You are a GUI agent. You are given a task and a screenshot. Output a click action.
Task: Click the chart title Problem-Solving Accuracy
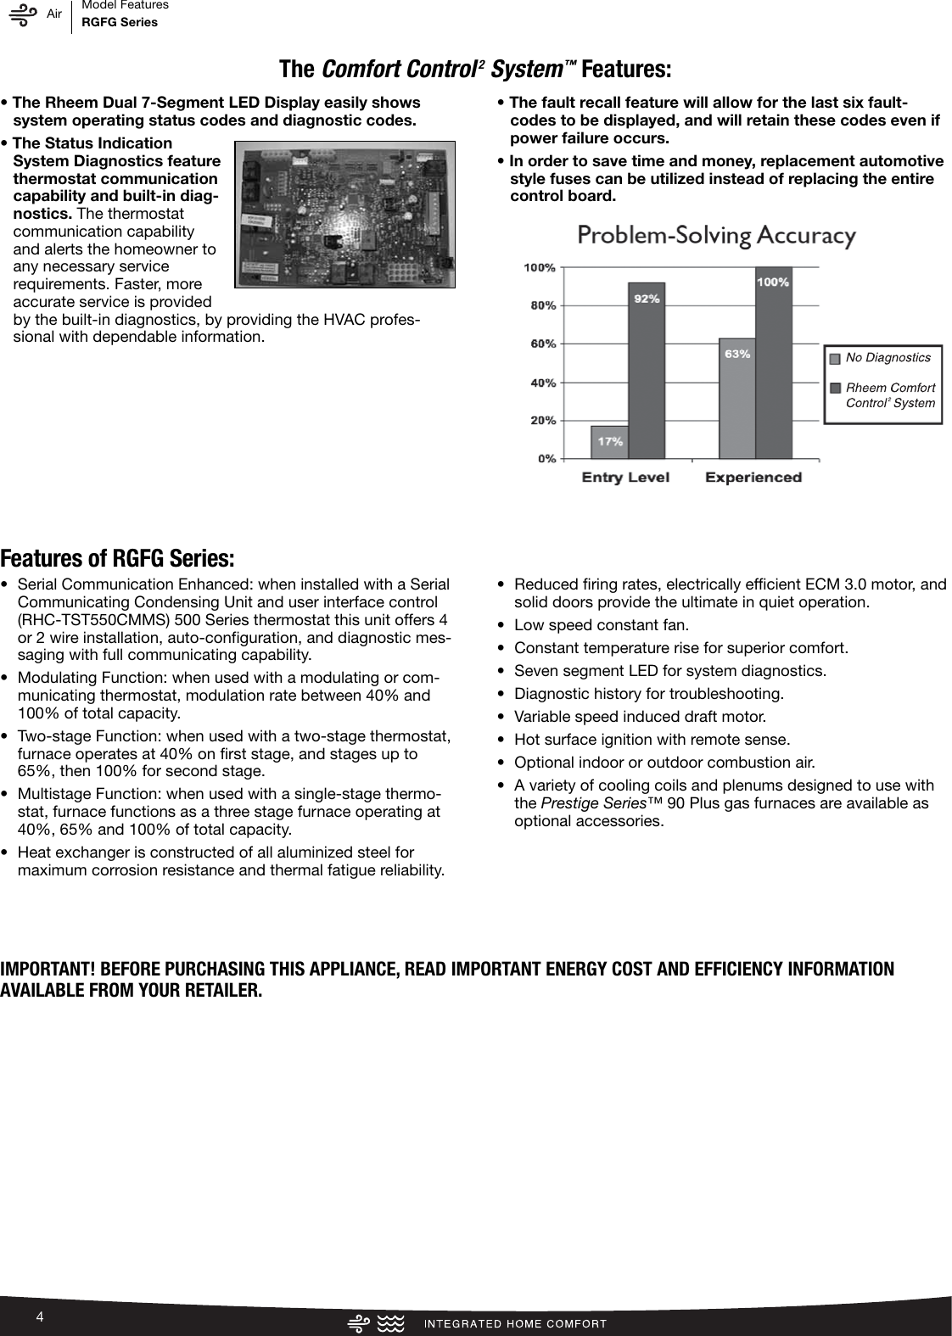(x=716, y=235)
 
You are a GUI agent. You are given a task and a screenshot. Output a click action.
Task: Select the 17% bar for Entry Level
(x=609, y=442)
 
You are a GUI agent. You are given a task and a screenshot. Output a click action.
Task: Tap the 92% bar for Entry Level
(x=646, y=370)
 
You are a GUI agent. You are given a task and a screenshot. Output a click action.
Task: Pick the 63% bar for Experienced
(x=736, y=398)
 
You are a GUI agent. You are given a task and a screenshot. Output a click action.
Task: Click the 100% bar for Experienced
(x=773, y=363)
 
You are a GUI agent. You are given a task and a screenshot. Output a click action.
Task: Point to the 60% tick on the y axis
(x=543, y=344)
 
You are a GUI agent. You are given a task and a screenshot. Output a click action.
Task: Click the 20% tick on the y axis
(x=543, y=420)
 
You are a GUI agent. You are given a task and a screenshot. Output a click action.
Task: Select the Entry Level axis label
(x=624, y=478)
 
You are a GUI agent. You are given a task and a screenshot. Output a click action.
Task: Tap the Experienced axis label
(x=753, y=478)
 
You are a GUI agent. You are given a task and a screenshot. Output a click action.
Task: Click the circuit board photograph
(x=344, y=215)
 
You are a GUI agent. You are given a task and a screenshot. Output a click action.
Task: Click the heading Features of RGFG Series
(x=117, y=559)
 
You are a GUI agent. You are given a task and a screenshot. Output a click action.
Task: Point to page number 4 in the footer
(x=39, y=1316)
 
